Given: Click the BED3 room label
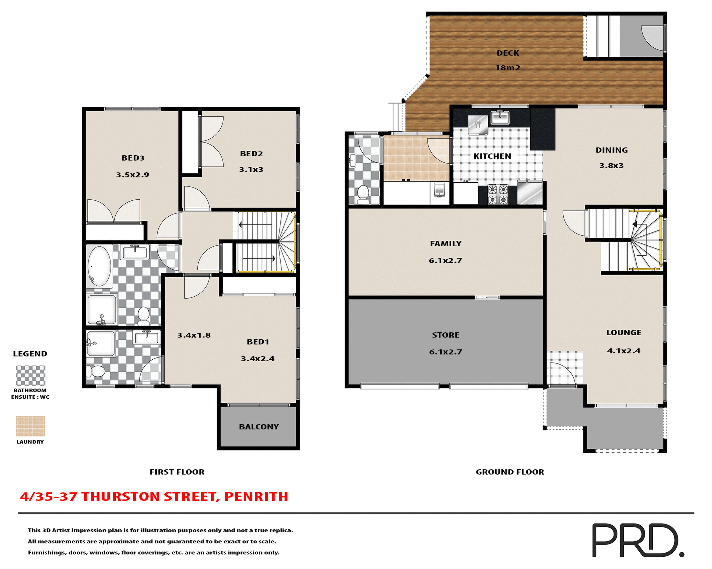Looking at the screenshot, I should (133, 158).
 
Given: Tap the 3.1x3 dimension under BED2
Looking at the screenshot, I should (251, 170).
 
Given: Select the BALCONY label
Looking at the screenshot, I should (258, 427).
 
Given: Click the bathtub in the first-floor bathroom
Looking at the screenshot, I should (99, 266).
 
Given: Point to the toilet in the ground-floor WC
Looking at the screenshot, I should (363, 194).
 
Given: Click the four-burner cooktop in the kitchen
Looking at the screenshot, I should (498, 194).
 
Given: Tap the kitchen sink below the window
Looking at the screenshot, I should (500, 118).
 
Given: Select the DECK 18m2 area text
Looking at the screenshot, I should (508, 60).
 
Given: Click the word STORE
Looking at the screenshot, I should (445, 335).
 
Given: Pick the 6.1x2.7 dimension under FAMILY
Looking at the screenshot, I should (445, 261).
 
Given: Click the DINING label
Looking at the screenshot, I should (612, 150).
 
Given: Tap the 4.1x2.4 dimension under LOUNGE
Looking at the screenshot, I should (623, 351).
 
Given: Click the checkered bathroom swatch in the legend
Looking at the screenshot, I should (31, 376).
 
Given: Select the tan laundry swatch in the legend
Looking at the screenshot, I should (31, 426).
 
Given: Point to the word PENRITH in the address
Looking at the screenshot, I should (256, 497).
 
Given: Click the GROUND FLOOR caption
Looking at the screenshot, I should (510, 472).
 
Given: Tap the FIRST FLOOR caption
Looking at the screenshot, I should (177, 472).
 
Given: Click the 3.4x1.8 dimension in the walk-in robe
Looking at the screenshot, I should (194, 335).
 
